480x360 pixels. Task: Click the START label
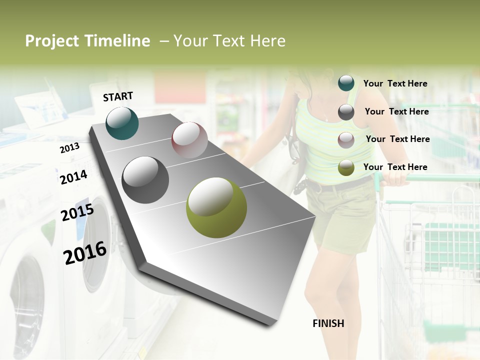point(118,96)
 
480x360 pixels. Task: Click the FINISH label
point(328,323)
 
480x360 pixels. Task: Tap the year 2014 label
point(73,177)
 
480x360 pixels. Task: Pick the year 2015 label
point(77,212)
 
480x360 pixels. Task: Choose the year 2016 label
point(85,252)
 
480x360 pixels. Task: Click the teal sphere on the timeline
point(122,123)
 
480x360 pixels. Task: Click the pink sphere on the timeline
point(189,140)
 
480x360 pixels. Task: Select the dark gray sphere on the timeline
point(145,180)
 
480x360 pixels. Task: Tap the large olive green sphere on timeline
point(216,207)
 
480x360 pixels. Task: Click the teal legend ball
point(346,83)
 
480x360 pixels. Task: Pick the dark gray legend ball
point(346,112)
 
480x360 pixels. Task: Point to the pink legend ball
point(346,140)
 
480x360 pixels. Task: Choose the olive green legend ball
point(346,168)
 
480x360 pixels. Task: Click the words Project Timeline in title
point(87,41)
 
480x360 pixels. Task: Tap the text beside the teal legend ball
point(395,83)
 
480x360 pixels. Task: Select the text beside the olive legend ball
point(395,167)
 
